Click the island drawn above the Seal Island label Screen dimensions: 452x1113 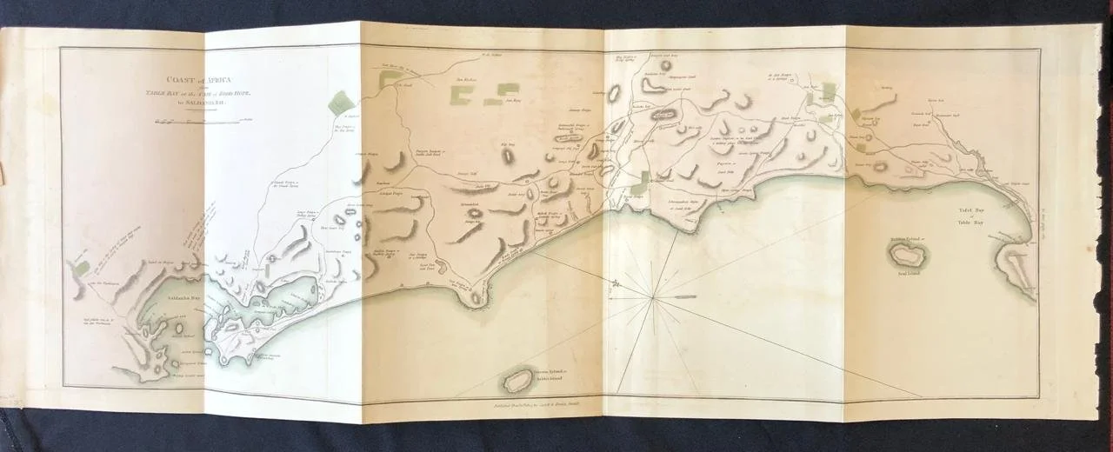906,254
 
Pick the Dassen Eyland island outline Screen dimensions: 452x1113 520,381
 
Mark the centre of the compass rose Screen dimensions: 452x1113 652,298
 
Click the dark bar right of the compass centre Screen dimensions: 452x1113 686,297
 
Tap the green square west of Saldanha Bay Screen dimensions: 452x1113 82,269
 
